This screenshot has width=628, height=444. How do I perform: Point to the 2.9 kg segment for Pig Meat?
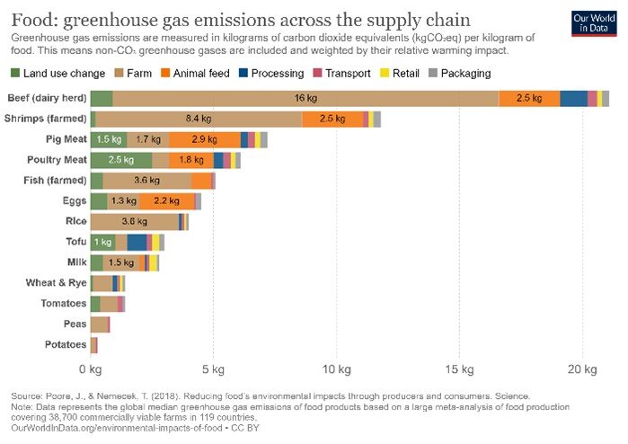pos(204,139)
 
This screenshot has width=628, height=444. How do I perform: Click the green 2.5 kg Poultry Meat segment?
pos(120,160)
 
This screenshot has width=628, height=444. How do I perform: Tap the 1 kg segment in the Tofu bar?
pos(102,242)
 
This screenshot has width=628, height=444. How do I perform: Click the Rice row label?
pos(75,221)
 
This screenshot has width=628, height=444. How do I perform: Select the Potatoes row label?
pos(66,344)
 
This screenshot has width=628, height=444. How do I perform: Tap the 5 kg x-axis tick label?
pos(213,369)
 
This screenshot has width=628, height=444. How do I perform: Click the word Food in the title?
pos(31,20)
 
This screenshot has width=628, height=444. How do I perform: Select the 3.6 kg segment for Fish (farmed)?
pos(147,181)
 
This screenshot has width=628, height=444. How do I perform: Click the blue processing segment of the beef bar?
pos(572,99)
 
